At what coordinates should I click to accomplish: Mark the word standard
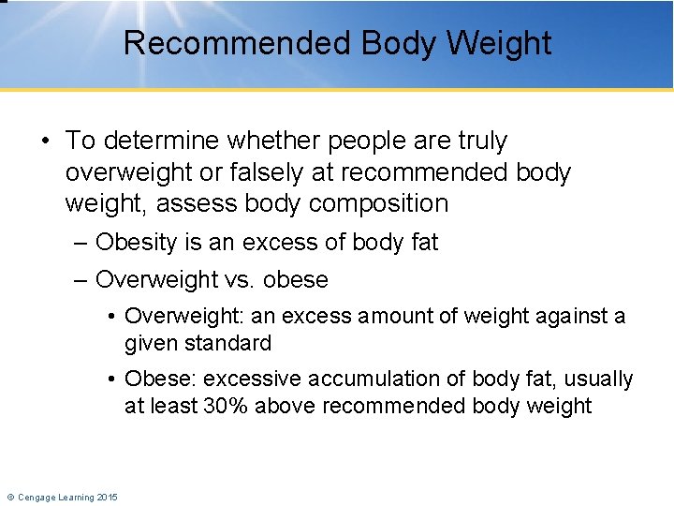pyautogui.click(x=228, y=343)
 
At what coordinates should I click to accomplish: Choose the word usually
pyautogui.click(x=595, y=379)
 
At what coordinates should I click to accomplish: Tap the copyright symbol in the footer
pyautogui.click(x=10, y=497)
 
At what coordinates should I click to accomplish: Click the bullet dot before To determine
pyautogui.click(x=46, y=141)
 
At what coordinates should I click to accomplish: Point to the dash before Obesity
pyautogui.click(x=79, y=243)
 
